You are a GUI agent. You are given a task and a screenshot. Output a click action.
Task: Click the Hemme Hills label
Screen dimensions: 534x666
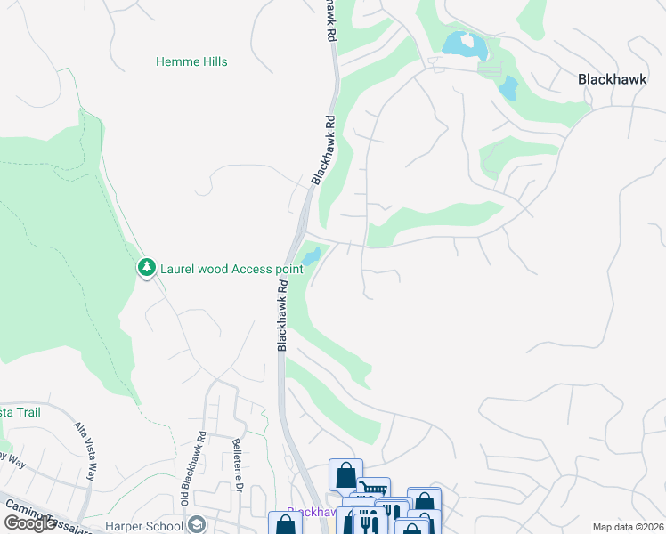click(x=191, y=61)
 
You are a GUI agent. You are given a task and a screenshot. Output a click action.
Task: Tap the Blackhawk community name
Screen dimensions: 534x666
click(x=612, y=78)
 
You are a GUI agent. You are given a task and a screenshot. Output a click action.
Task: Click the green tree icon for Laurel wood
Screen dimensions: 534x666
click(x=146, y=267)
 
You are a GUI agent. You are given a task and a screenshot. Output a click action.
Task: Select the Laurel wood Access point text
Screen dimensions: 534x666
click(x=231, y=268)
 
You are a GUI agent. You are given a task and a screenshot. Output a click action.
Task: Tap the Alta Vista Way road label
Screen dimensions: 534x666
click(x=85, y=452)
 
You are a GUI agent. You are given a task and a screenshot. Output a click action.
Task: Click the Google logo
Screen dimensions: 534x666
click(x=29, y=523)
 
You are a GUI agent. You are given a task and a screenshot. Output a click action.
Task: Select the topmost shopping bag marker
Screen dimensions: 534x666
click(x=345, y=474)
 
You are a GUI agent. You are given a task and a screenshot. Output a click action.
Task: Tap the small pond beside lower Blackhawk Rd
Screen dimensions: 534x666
click(x=311, y=257)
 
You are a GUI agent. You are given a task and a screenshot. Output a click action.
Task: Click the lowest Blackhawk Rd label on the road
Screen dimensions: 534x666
click(x=282, y=318)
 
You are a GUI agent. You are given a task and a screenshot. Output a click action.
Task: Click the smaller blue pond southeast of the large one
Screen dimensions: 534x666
click(x=508, y=87)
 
